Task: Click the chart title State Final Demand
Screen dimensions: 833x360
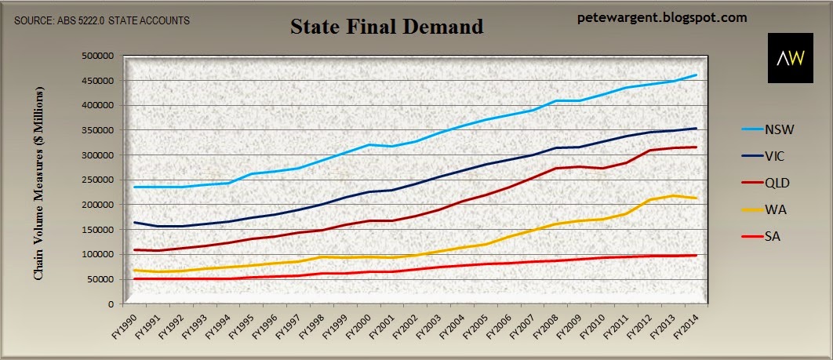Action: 387,26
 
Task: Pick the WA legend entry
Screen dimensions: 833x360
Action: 761,210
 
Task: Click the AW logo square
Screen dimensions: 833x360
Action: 791,58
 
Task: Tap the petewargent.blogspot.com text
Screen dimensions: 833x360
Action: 662,18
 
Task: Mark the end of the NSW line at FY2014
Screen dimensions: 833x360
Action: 697,75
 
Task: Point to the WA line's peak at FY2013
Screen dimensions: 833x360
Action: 673,196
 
